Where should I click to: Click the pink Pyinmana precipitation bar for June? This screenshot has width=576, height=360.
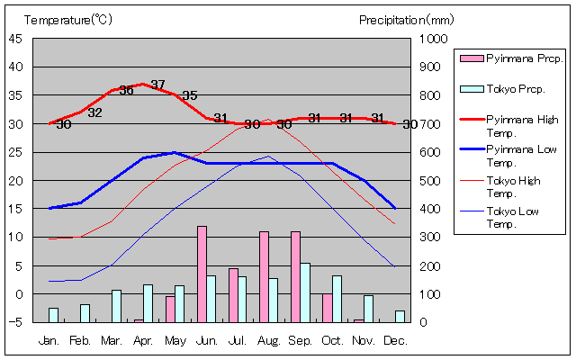[202, 274]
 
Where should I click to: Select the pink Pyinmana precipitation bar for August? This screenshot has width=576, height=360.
[265, 276]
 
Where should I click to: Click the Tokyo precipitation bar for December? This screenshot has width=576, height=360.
[400, 316]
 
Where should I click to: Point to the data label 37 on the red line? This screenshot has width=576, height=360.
[158, 85]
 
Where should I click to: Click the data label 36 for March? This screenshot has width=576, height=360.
[127, 91]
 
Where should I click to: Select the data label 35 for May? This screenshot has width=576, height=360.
[189, 96]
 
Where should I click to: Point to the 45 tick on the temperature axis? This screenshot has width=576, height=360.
[16, 38]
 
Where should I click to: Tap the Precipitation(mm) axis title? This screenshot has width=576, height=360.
[407, 20]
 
